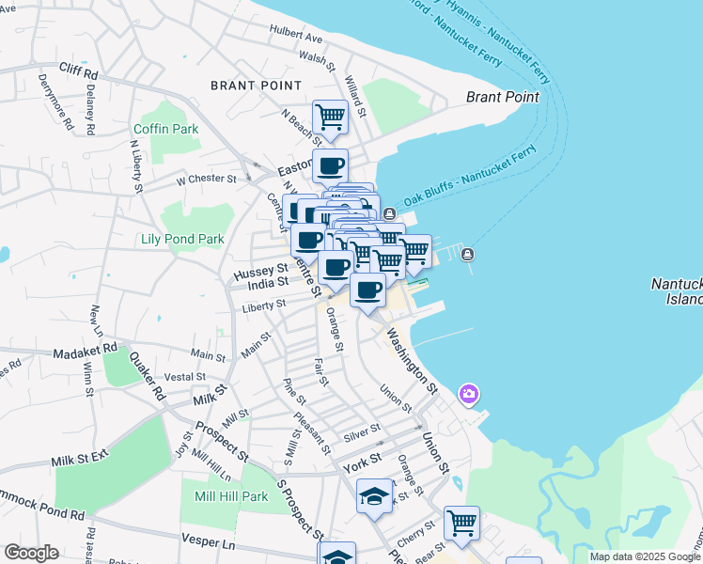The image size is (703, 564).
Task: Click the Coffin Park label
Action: [166, 128]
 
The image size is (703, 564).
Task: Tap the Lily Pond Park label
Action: [182, 239]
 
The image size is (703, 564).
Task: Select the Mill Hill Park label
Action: [230, 496]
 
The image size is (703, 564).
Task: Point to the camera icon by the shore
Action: [468, 393]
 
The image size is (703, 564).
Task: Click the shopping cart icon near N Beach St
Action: [330, 117]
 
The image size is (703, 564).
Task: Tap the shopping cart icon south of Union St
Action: [461, 523]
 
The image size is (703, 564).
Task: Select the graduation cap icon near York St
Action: [374, 495]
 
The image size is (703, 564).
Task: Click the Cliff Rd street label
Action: [78, 70]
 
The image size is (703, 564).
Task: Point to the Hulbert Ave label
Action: [295, 39]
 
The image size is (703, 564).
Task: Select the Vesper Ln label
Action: [210, 542]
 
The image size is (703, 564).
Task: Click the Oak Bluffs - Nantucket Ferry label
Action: [470, 176]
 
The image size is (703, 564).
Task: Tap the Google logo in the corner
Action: [32, 553]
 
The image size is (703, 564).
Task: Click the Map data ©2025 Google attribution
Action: [644, 556]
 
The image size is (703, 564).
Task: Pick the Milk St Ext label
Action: [81, 458]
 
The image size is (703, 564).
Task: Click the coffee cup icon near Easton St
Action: [330, 166]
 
